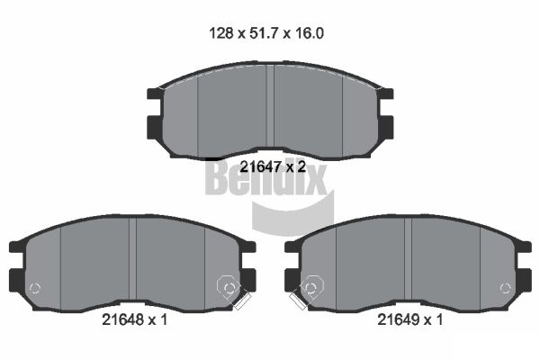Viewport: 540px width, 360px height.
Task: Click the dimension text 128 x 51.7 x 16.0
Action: click(266, 33)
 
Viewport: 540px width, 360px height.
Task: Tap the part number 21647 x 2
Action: click(273, 166)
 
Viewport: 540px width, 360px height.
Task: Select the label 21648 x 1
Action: click(135, 319)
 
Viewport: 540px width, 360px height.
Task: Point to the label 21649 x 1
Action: click(410, 319)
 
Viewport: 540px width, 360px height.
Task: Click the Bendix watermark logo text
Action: click(265, 177)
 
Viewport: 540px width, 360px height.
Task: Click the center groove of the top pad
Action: click(270, 109)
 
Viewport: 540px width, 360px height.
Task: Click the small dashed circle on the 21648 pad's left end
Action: click(35, 288)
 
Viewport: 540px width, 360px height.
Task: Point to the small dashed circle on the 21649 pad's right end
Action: click(506, 288)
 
